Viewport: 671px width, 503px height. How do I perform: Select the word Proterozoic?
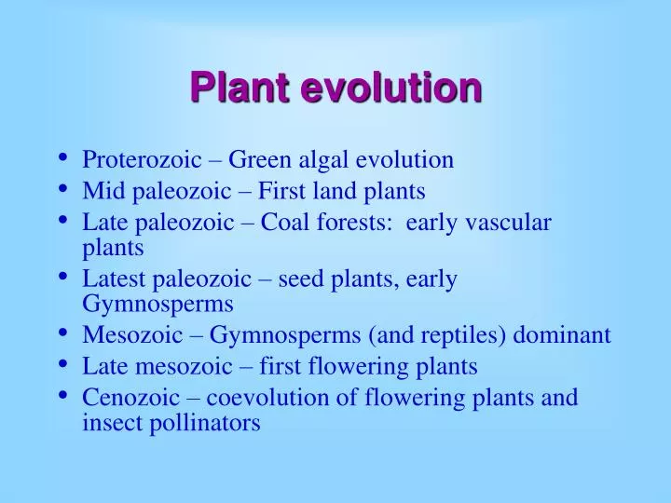(x=142, y=160)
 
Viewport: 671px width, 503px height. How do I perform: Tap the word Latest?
(x=108, y=280)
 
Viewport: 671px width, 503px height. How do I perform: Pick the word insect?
(x=108, y=423)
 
